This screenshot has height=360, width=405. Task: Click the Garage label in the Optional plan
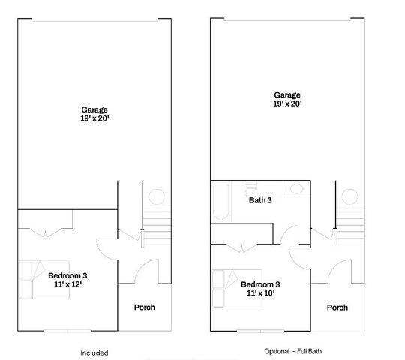coord(286,95)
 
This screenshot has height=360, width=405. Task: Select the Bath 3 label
coord(260,199)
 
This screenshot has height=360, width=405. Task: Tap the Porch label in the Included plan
coord(144,307)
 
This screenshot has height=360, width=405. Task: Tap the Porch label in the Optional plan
coord(337,307)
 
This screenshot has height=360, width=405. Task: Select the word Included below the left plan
coord(94,352)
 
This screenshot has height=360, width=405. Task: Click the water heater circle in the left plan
coord(156,197)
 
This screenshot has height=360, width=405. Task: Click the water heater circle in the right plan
coord(349,198)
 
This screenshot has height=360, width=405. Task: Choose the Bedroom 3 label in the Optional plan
coord(260,284)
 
